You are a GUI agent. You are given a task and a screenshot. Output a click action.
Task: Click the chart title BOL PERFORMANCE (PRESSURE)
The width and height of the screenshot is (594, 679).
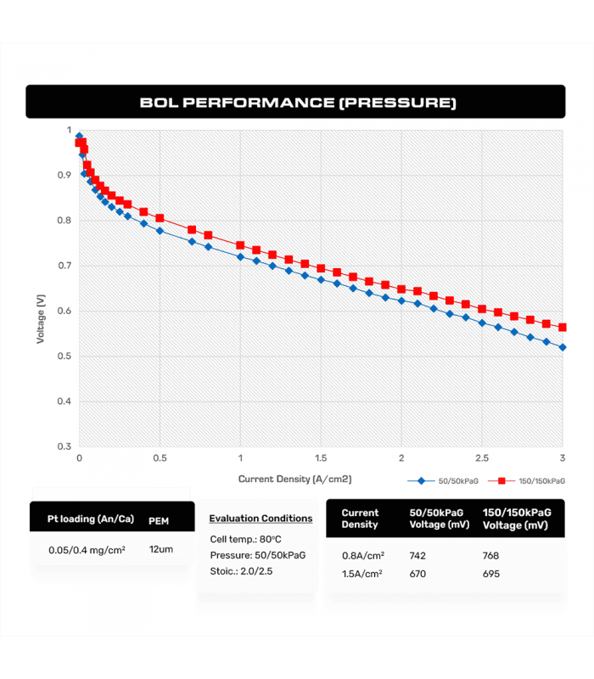click(297, 103)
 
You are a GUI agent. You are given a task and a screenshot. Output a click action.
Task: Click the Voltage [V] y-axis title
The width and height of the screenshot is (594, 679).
click(41, 318)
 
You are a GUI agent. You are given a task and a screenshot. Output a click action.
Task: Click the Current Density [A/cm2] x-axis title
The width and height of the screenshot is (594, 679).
click(294, 479)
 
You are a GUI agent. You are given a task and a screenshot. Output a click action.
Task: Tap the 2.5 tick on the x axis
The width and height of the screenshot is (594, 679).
click(482, 458)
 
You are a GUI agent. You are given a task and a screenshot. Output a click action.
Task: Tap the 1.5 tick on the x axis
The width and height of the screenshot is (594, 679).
click(321, 458)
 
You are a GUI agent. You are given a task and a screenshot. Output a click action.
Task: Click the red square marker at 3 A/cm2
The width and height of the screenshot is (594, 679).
click(563, 328)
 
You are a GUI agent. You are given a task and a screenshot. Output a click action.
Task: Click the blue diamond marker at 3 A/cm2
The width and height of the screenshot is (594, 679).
click(563, 347)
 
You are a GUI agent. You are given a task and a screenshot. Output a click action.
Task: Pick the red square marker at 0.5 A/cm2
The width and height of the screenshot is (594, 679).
click(160, 218)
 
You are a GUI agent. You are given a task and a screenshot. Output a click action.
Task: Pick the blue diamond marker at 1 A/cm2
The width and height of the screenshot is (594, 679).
click(240, 256)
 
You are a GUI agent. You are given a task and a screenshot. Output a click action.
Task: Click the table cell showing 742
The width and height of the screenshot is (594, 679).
click(417, 556)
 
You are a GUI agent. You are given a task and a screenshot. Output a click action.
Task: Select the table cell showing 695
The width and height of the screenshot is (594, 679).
click(491, 574)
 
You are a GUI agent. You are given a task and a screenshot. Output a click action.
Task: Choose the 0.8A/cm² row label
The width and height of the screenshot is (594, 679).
click(362, 556)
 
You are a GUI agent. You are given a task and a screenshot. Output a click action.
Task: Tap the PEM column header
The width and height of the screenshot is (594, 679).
click(159, 520)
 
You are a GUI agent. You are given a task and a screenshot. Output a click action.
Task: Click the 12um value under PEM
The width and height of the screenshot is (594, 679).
click(160, 549)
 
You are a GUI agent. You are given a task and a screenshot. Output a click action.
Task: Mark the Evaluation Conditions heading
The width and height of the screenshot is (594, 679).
click(261, 519)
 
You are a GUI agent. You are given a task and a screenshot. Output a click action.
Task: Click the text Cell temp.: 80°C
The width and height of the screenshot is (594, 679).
click(245, 539)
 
